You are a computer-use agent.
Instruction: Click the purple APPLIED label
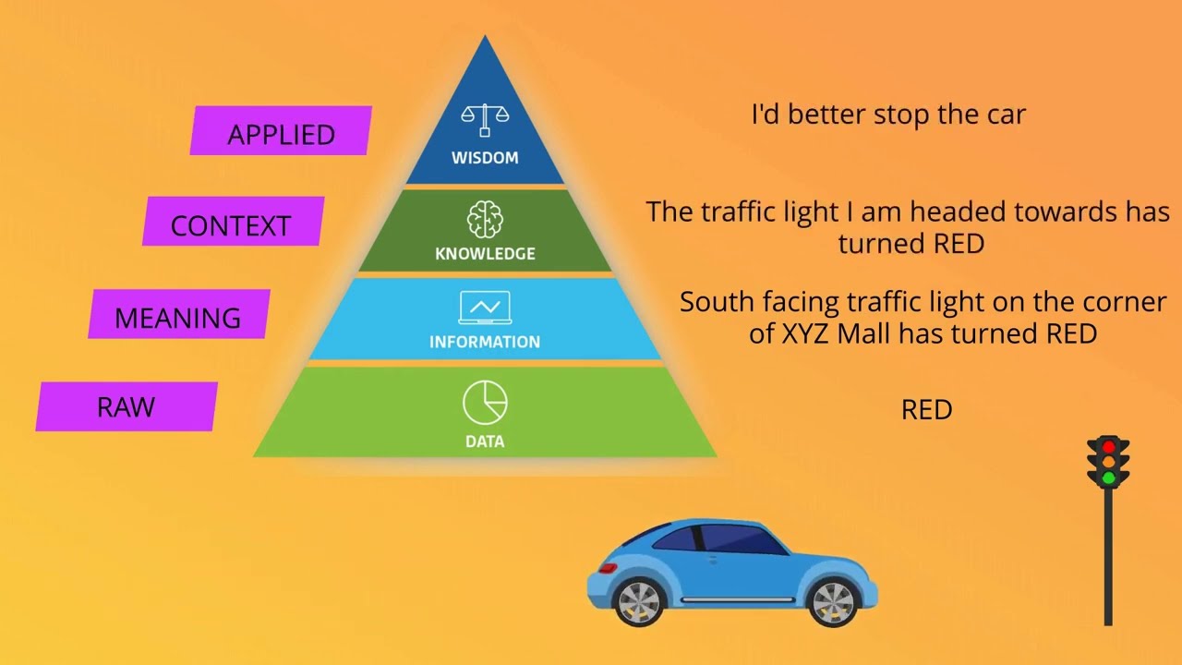coord(281,130)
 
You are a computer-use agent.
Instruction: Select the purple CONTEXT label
coord(234,221)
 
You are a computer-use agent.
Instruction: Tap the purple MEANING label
coord(179,313)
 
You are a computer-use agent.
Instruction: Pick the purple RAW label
coord(127,406)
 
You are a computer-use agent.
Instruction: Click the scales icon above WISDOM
coord(485,120)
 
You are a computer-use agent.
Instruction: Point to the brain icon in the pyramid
coord(485,219)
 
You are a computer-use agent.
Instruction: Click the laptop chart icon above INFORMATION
coord(485,308)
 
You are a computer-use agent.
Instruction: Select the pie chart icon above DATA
coord(485,402)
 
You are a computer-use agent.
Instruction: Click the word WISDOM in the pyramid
coord(485,158)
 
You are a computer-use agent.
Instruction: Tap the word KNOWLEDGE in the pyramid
coord(485,254)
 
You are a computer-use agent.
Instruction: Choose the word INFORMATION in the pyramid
coord(485,342)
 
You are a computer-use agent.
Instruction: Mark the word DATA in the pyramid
coord(485,441)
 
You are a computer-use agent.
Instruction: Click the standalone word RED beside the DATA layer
coord(926,409)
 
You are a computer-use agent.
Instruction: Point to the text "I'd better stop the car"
coord(888,115)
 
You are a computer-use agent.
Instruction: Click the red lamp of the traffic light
coord(1109,447)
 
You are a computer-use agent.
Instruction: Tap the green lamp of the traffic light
coord(1109,478)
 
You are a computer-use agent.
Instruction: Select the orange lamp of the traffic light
coord(1109,463)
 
